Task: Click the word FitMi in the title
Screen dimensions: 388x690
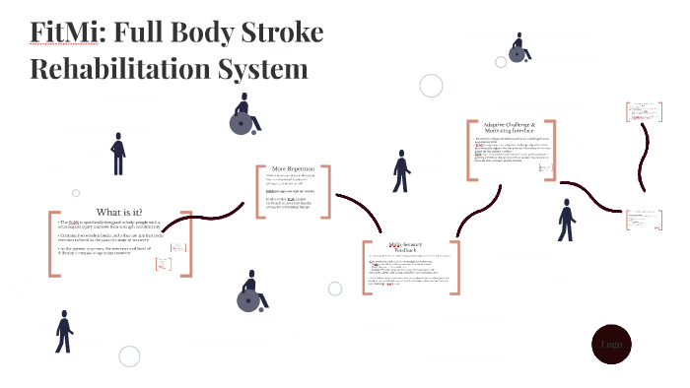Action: click(x=66, y=33)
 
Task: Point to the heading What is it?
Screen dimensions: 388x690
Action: click(x=118, y=213)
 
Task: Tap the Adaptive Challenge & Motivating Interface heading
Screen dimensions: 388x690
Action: click(x=510, y=129)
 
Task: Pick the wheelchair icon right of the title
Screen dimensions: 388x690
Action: click(x=519, y=47)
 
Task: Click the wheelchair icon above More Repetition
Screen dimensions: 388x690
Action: click(x=243, y=115)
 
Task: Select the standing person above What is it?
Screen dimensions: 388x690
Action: click(x=118, y=154)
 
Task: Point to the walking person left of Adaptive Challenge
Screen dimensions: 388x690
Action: click(x=401, y=172)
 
